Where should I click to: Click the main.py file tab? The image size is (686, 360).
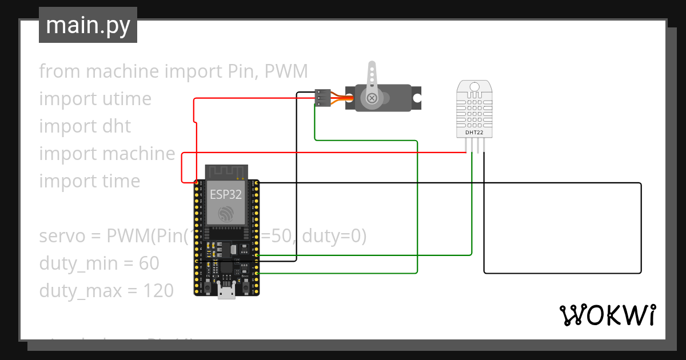pyautogui.click(x=87, y=25)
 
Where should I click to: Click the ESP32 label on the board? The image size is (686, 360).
pyautogui.click(x=225, y=194)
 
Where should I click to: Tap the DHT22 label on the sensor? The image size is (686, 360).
pyautogui.click(x=474, y=133)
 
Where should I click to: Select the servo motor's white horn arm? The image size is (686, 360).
pyautogui.click(x=372, y=77)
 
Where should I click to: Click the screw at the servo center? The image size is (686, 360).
pyautogui.click(x=372, y=98)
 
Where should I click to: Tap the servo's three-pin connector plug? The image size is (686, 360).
pyautogui.click(x=323, y=98)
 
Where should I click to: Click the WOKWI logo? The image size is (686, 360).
pyautogui.click(x=607, y=315)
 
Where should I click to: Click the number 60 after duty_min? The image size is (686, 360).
pyautogui.click(x=149, y=263)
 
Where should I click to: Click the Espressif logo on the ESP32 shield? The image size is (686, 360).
pyautogui.click(x=225, y=214)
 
